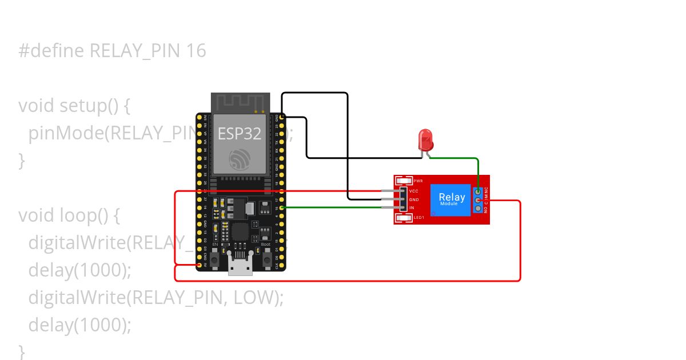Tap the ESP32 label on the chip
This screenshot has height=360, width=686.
240,133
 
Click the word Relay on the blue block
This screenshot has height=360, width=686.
452,197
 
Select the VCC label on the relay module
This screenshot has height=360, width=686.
414,191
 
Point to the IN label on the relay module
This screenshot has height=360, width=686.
412,208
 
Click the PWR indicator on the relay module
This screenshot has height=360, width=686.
404,181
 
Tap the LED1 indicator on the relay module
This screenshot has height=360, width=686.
404,218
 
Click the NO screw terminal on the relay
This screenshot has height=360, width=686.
478,209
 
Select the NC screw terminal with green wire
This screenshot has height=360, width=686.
478,192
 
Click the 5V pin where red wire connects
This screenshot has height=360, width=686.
200,265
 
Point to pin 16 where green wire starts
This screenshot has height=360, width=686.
282,208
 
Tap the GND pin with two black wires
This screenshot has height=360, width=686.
282,117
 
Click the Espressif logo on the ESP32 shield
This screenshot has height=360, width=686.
240,159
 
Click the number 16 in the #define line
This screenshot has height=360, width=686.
196,51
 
